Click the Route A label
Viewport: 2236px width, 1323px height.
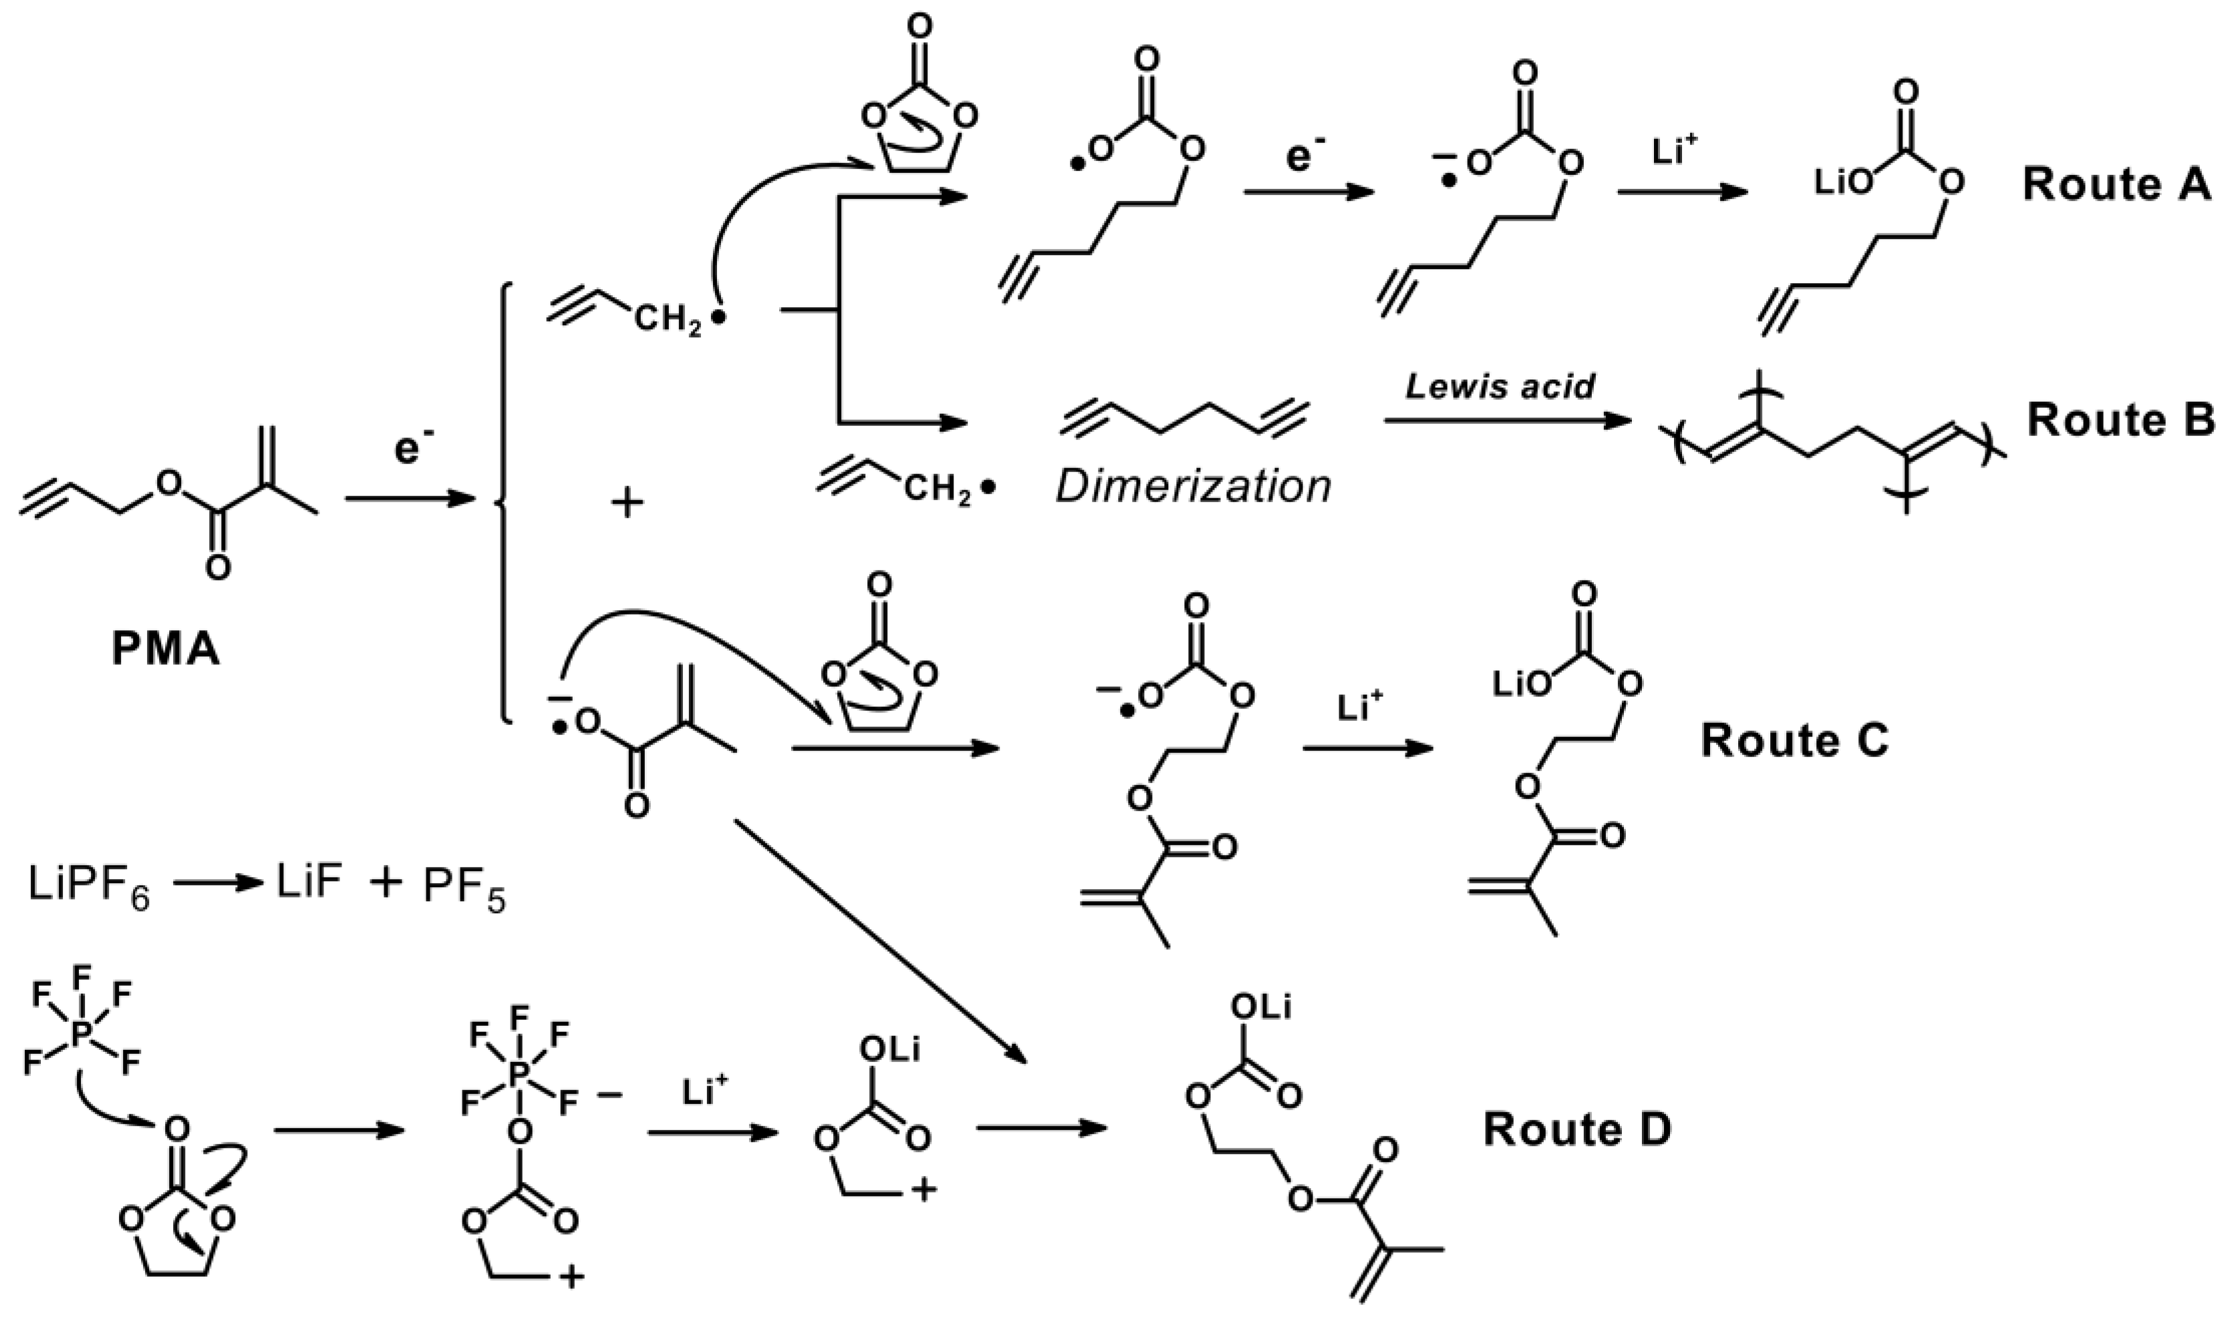2116,186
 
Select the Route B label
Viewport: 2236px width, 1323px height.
2120,421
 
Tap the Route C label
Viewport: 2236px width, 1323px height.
1794,741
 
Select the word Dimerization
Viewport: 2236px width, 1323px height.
1193,488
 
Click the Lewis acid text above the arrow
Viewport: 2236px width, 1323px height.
1500,387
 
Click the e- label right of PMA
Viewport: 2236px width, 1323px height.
408,451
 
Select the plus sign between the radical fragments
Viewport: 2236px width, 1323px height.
627,504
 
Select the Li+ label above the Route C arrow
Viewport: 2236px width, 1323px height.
1361,707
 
